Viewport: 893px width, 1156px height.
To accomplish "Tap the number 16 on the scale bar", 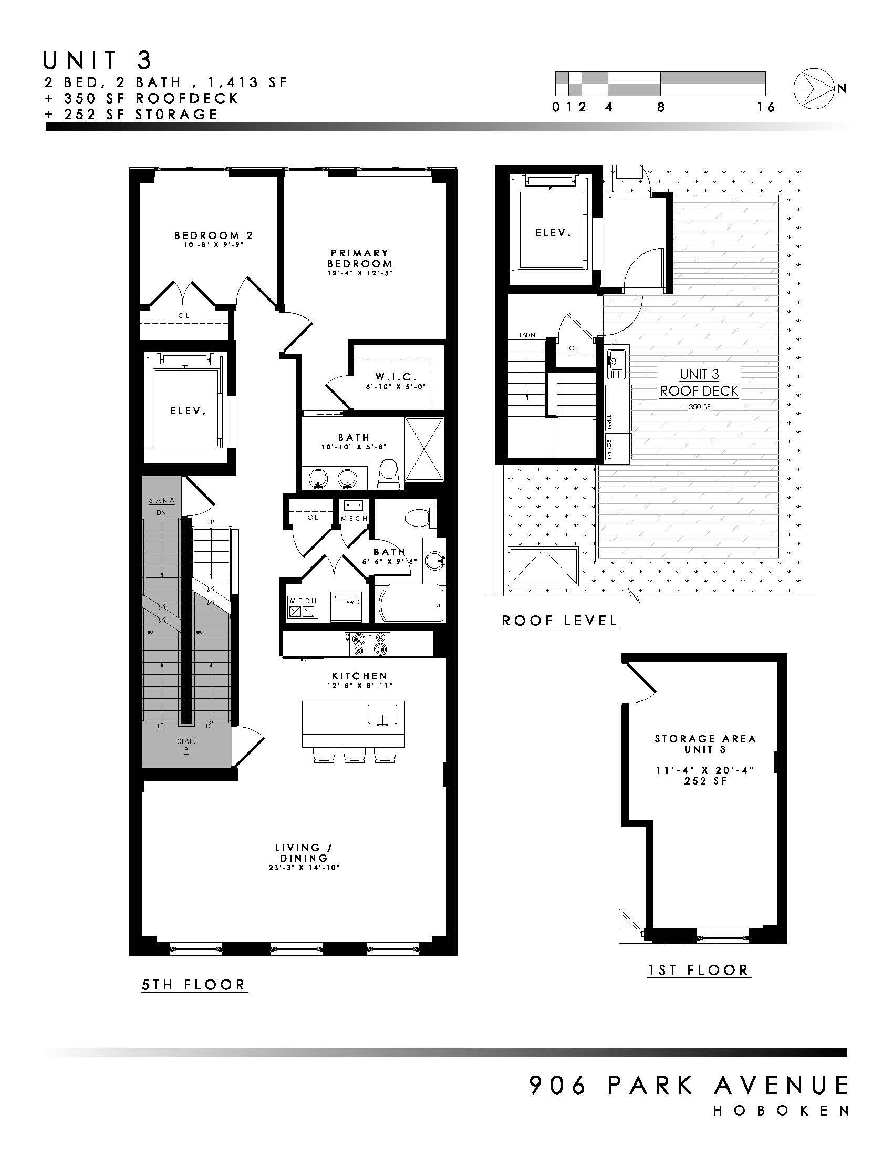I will pyautogui.click(x=765, y=107).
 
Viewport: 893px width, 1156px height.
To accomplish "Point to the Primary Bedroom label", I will pyautogui.click(x=360, y=259).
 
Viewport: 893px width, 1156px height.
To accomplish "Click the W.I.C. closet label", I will pyautogui.click(x=396, y=377).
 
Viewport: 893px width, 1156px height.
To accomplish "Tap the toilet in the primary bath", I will pyautogui.click(x=389, y=473).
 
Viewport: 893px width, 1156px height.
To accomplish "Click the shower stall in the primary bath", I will pyautogui.click(x=424, y=448).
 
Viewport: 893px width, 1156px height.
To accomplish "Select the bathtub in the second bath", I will pyautogui.click(x=411, y=605).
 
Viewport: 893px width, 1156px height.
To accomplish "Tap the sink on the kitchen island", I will pyautogui.click(x=381, y=715).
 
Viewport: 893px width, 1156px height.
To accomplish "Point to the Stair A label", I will pyautogui.click(x=161, y=500).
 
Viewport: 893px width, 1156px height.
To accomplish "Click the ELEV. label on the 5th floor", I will pyautogui.click(x=188, y=410).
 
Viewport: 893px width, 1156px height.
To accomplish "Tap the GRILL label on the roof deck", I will pyautogui.click(x=609, y=422).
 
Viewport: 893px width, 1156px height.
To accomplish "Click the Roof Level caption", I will pyautogui.click(x=560, y=621).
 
